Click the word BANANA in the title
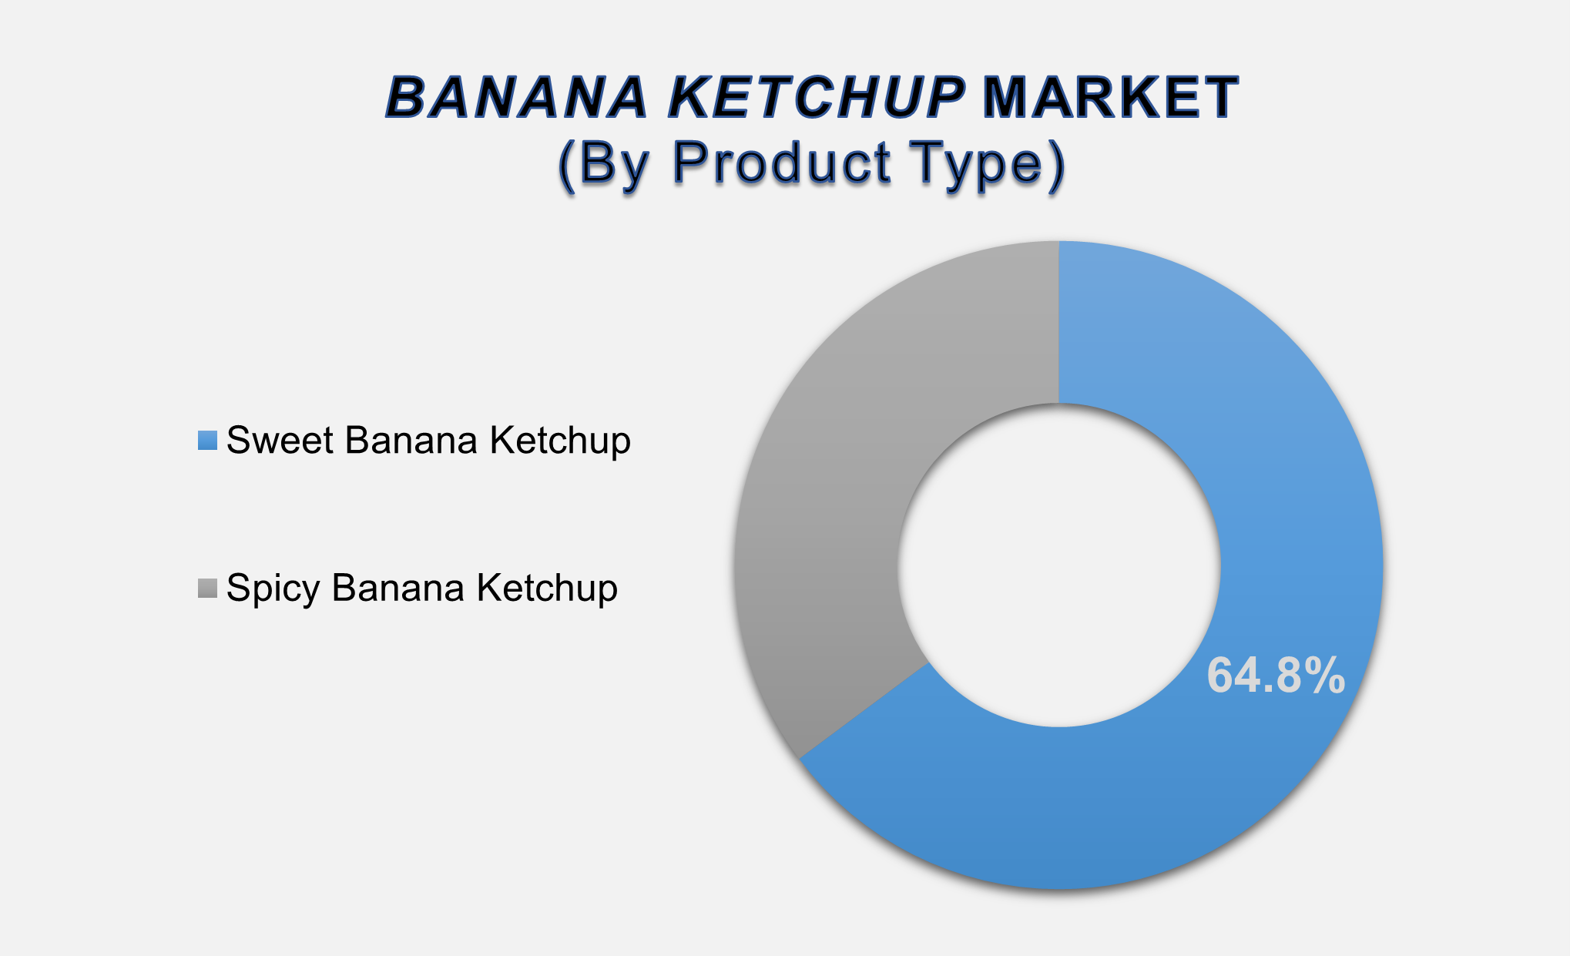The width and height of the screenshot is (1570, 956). pos(516,98)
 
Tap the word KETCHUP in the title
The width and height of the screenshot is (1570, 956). pos(817,98)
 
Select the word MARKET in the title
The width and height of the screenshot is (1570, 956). pos(1110,98)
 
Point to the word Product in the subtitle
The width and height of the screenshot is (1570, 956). pos(783,163)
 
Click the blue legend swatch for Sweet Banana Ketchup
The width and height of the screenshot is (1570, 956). pos(207,440)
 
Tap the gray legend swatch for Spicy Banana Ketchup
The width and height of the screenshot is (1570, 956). pos(207,588)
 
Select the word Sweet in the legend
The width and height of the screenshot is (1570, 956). pos(280,441)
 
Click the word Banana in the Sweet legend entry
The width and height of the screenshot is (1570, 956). pos(411,441)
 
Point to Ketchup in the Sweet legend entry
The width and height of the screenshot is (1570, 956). pos(560,441)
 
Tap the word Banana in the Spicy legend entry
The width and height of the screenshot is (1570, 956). pos(398,588)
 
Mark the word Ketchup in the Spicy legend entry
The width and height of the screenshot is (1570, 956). pos(547,589)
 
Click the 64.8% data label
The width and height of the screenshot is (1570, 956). pos(1276,676)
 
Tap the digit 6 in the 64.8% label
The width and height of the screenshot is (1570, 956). pos(1222,676)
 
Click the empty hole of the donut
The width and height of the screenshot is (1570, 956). pos(1058,565)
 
